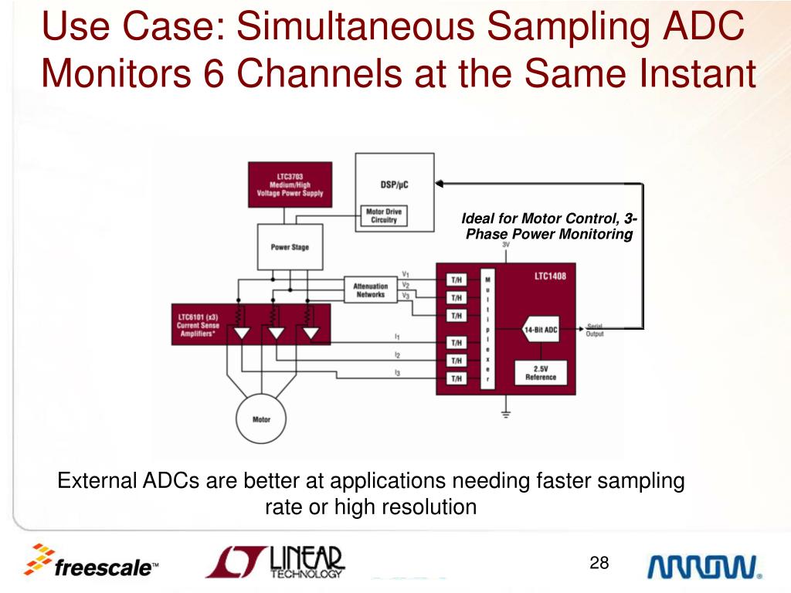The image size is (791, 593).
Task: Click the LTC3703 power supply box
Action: (x=290, y=185)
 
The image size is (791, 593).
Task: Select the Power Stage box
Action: (x=290, y=247)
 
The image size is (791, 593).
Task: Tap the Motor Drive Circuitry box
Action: (x=383, y=216)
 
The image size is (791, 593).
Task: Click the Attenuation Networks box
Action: (x=371, y=290)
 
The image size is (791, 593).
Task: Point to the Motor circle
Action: (x=262, y=419)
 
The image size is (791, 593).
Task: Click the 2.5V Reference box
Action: (x=541, y=373)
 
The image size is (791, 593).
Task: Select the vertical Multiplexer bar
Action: (x=487, y=329)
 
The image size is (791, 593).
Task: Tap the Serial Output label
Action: (x=595, y=330)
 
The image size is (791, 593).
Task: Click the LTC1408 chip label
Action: (x=550, y=276)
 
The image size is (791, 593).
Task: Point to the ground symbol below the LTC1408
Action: (x=506, y=415)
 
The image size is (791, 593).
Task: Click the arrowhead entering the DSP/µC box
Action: (x=440, y=184)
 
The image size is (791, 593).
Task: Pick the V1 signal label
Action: (x=406, y=274)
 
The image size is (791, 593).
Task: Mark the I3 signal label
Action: (x=397, y=373)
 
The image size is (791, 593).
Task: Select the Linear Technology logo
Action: (x=275, y=562)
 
